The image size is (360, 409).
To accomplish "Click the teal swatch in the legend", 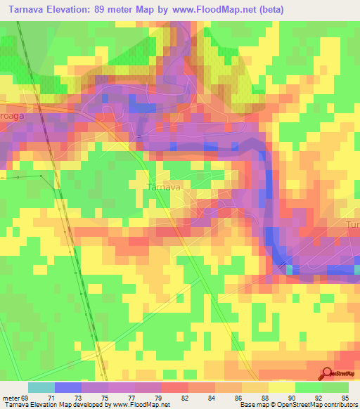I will coord(41,387).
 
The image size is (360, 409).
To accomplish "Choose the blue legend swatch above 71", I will coord(67,387).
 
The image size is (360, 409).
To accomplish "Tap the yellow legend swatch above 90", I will coord(281,387).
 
